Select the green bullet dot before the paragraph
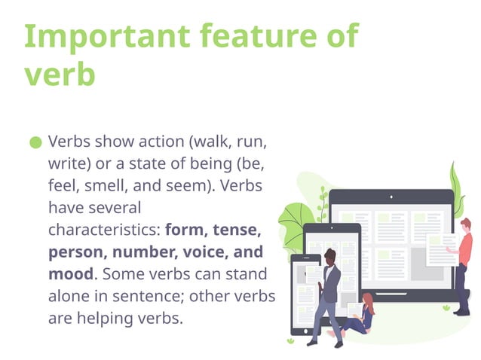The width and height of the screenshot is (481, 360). [x=36, y=142]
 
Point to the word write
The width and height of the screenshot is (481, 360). [x=68, y=163]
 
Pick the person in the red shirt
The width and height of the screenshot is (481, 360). [x=463, y=260]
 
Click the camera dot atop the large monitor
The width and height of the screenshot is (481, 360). [x=391, y=197]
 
